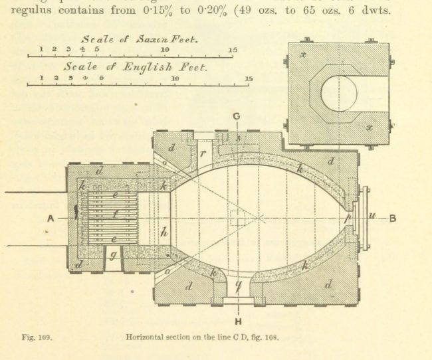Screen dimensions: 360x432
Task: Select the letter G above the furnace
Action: click(x=237, y=116)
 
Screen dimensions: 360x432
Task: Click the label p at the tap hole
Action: click(x=348, y=217)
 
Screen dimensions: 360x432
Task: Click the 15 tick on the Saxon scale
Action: click(x=233, y=50)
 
